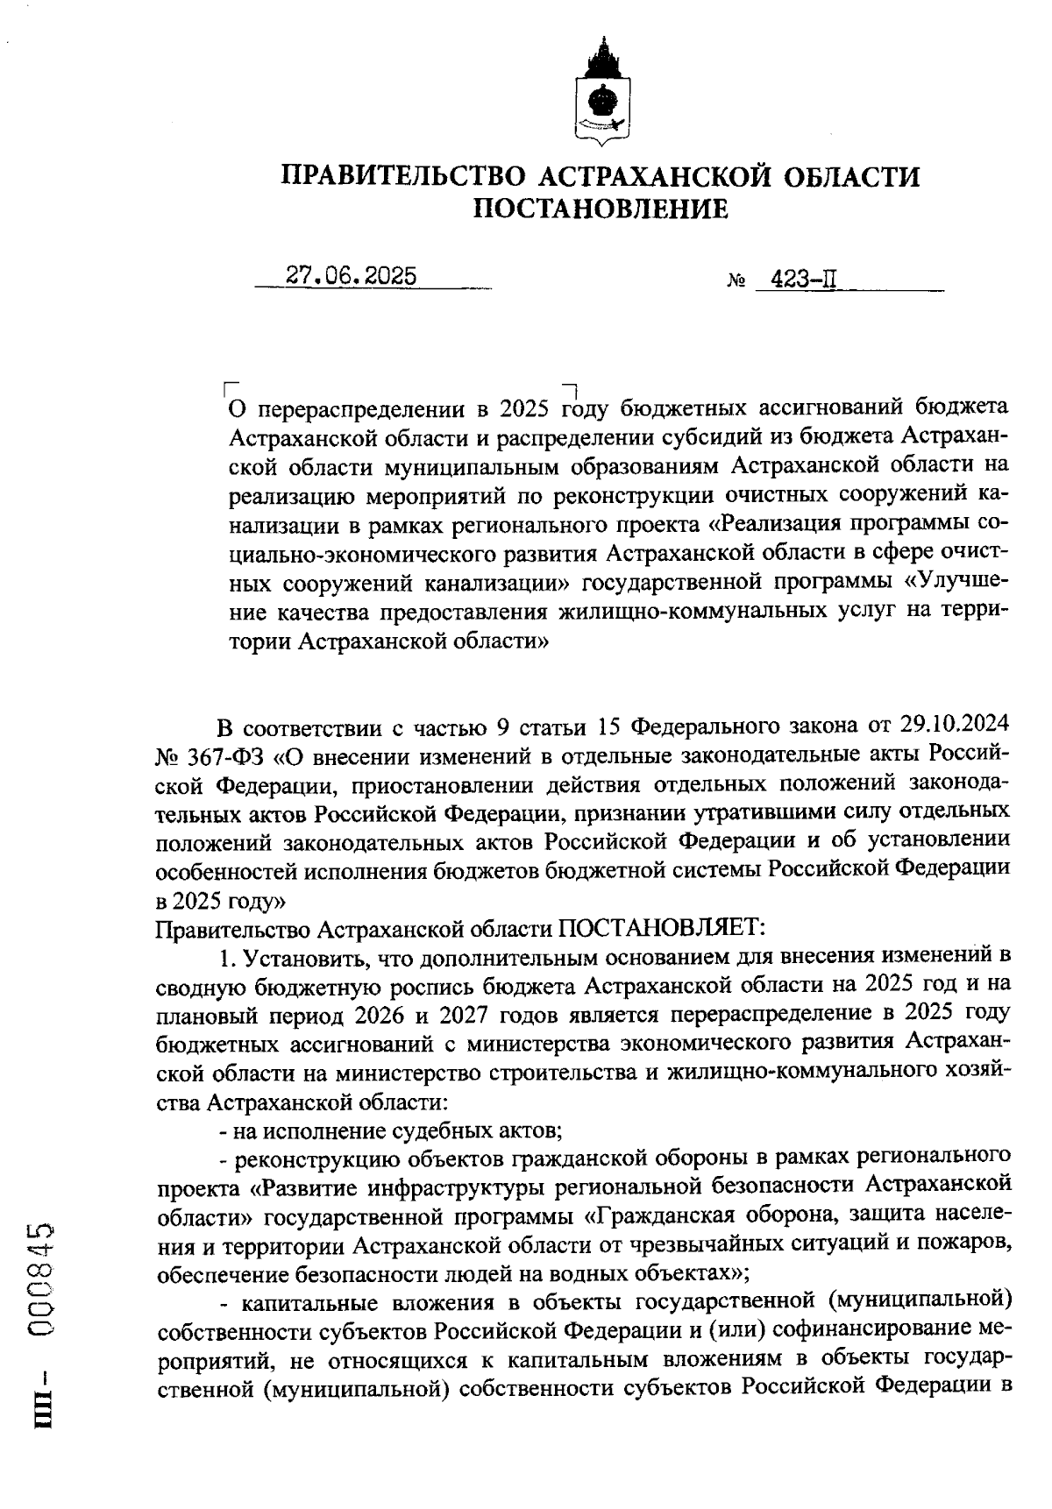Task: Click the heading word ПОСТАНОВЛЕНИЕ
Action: pyautogui.click(x=601, y=209)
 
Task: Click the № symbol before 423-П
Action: pyautogui.click(x=736, y=282)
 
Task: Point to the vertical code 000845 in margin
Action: pyautogui.click(x=44, y=1280)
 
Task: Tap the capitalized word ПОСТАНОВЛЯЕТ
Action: pyautogui.click(x=663, y=927)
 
